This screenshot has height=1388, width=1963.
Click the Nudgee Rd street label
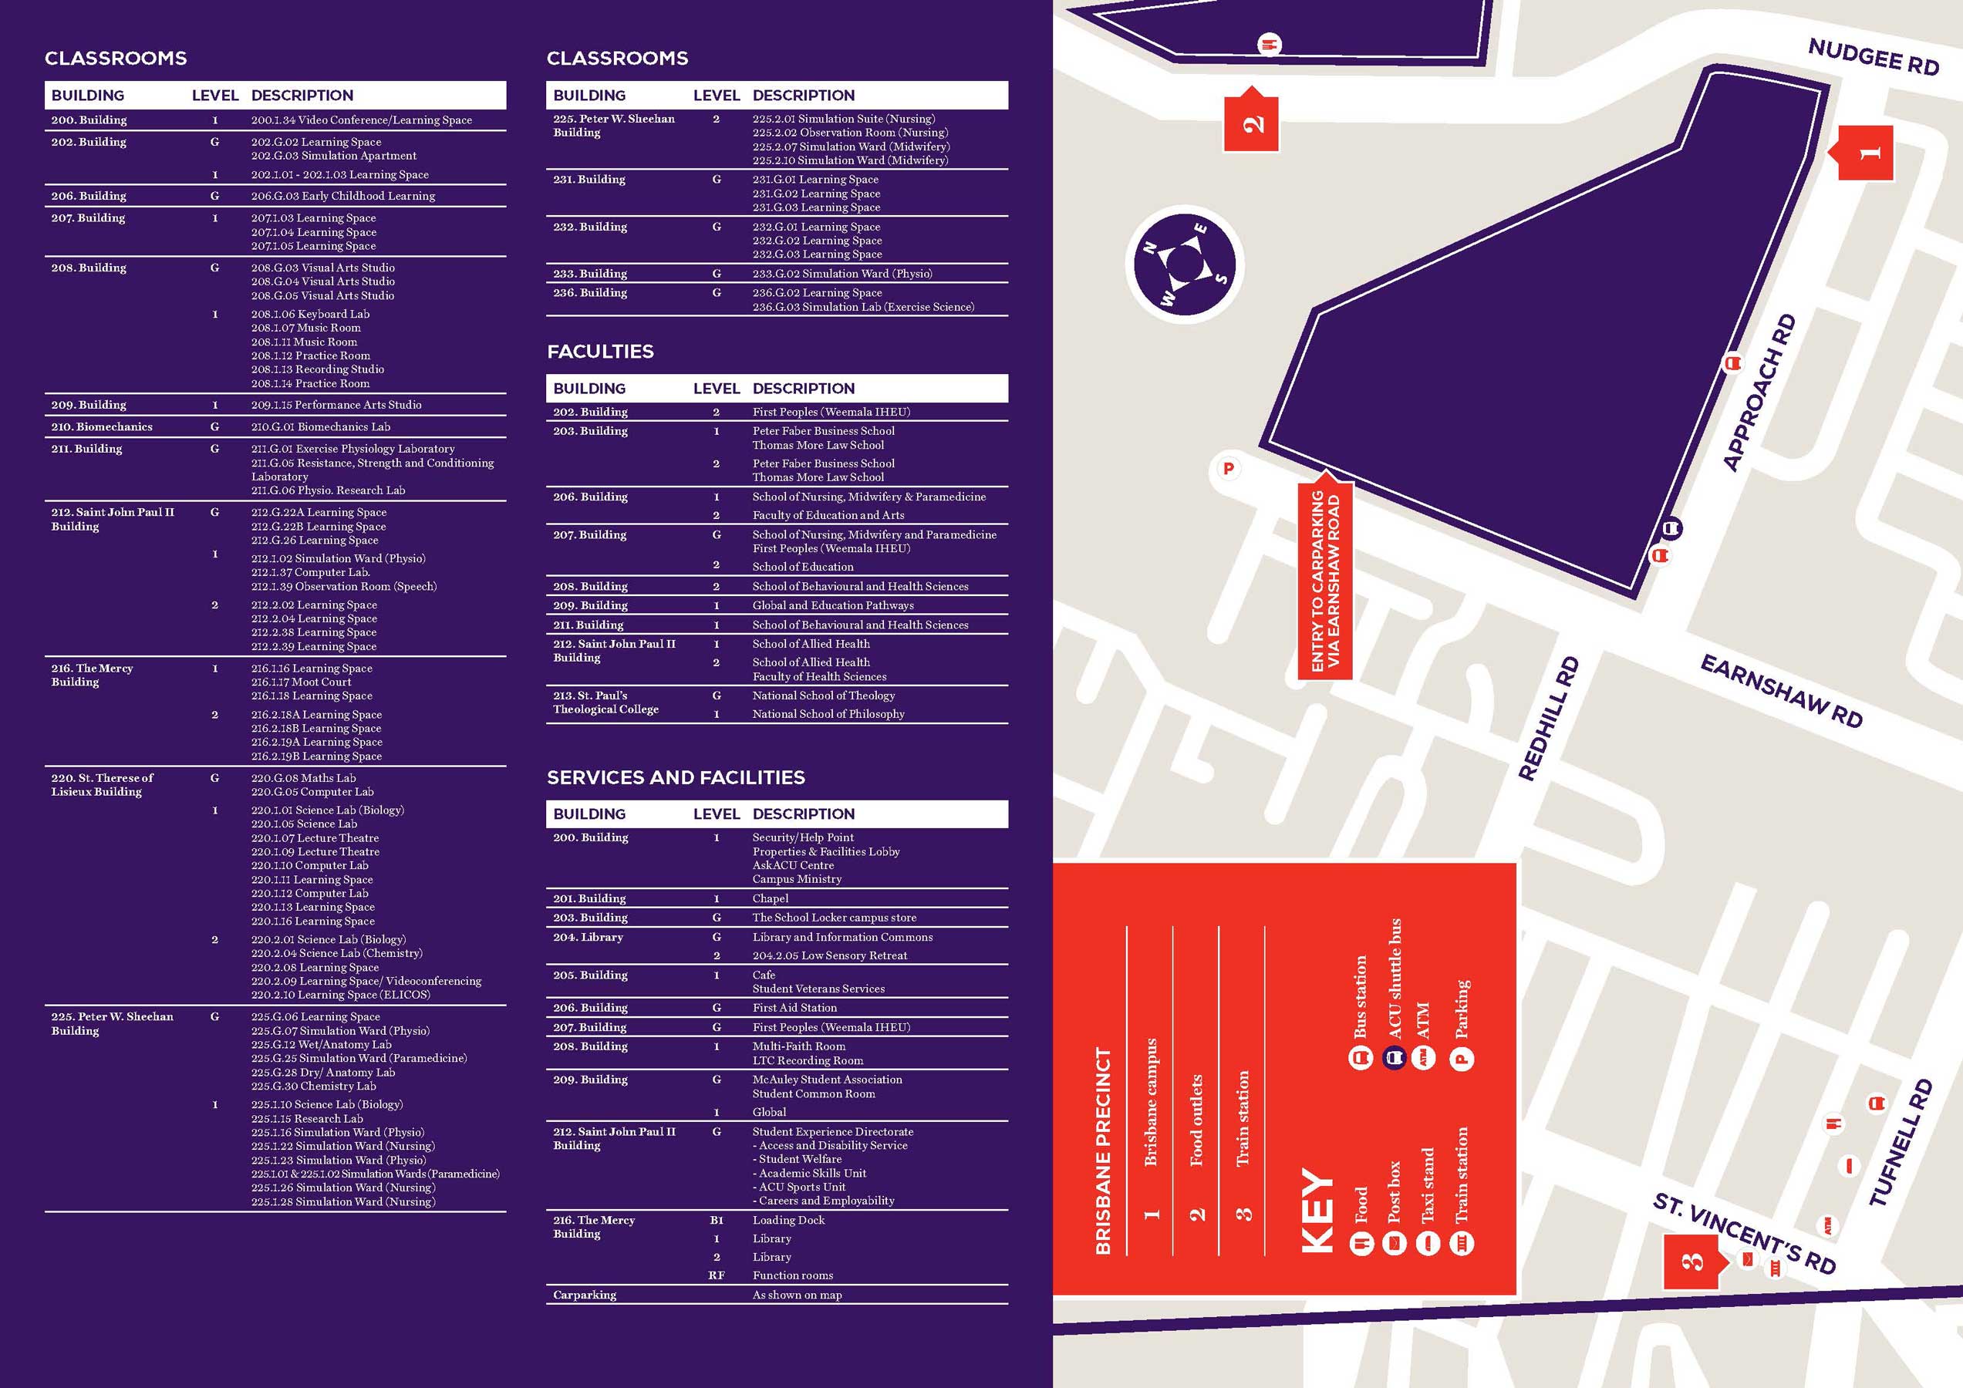(x=1874, y=56)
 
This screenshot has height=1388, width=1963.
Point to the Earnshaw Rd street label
(x=1782, y=689)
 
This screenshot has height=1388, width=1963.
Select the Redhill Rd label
(x=1547, y=718)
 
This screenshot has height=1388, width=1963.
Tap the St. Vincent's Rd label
(x=1745, y=1231)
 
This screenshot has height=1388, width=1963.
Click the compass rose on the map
(x=1184, y=264)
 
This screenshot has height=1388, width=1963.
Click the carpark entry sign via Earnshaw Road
(x=1325, y=581)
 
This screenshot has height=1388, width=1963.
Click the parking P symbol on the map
(x=1229, y=468)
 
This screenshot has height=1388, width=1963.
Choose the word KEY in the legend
(x=1317, y=1211)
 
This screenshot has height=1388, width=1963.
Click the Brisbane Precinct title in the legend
(x=1103, y=1150)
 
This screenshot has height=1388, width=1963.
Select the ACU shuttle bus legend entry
(x=1395, y=992)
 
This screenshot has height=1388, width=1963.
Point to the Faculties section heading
(x=600, y=352)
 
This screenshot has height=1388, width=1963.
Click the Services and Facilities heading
(x=676, y=777)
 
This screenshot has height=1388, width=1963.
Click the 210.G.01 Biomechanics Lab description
(x=321, y=426)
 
